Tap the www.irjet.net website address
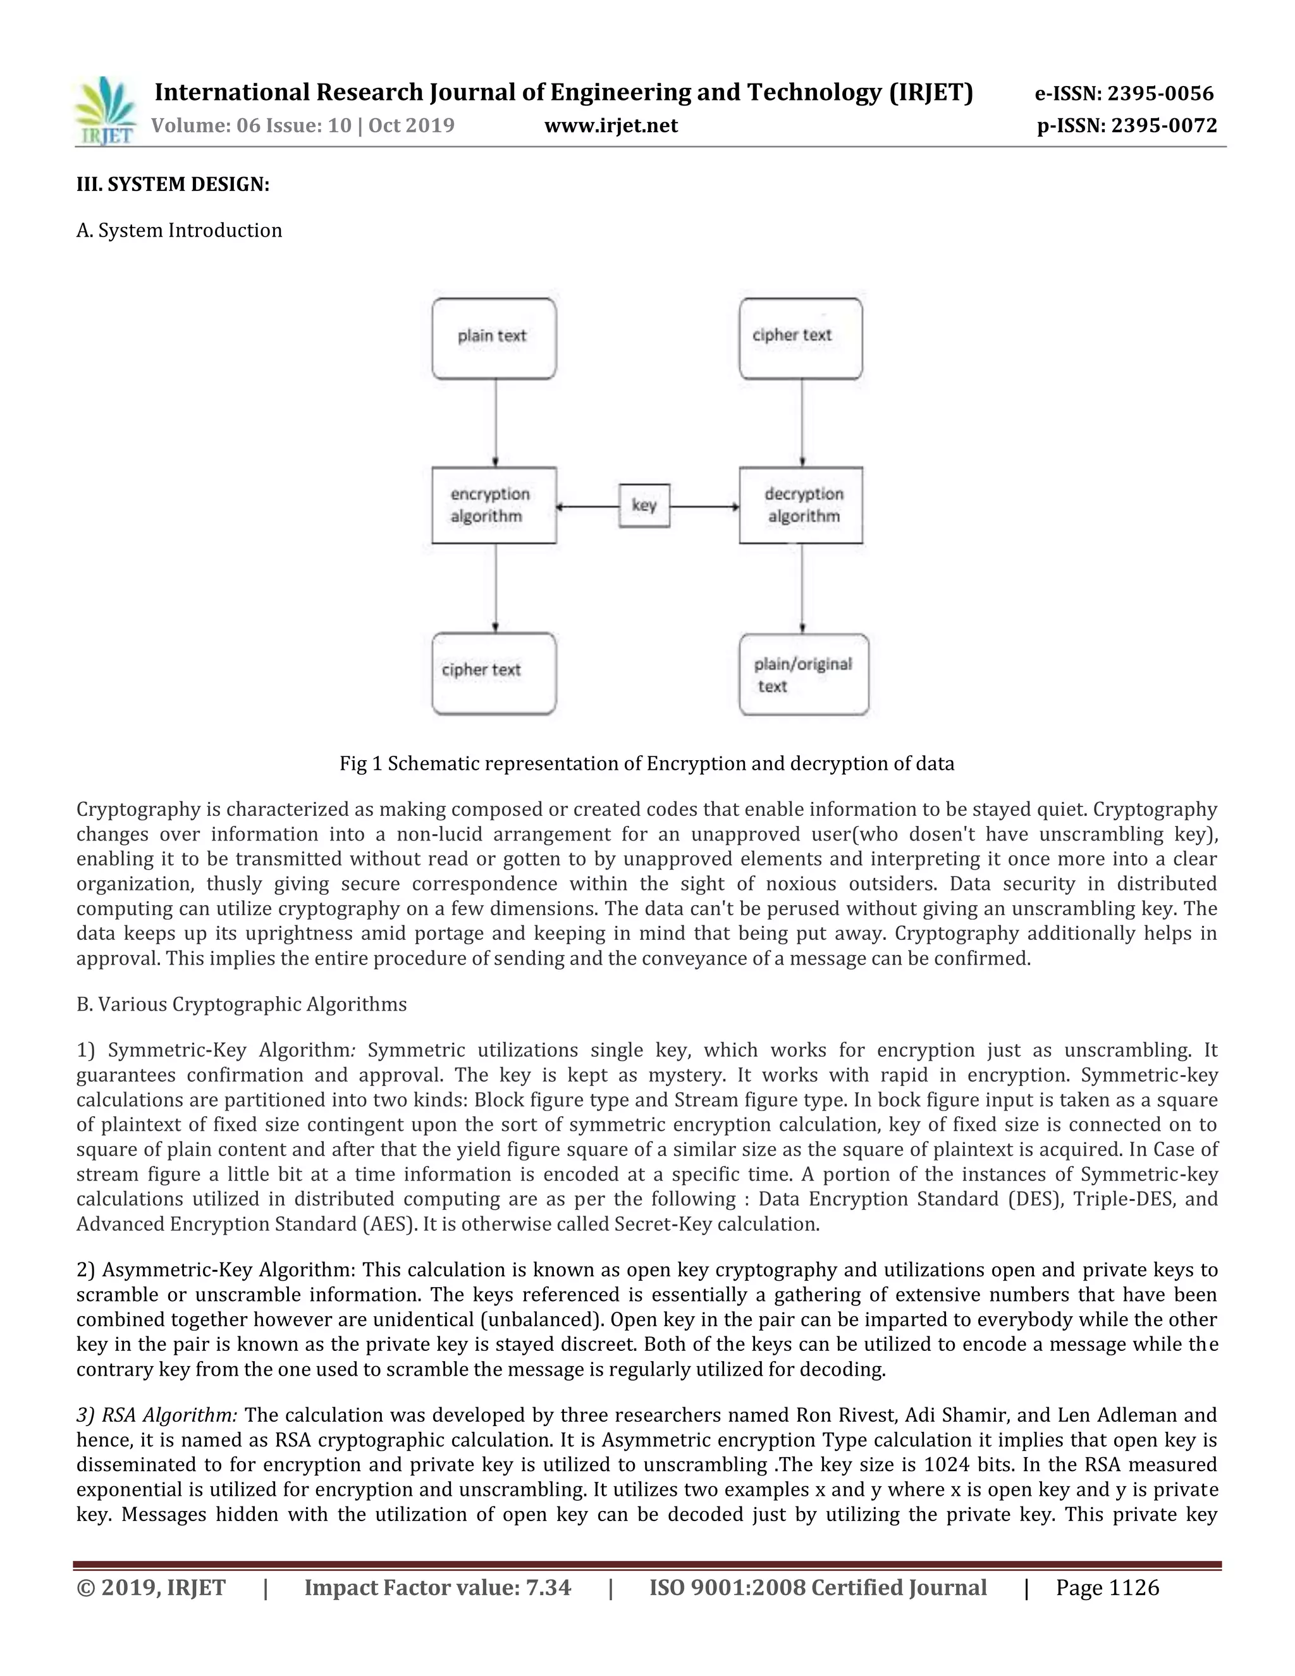pyautogui.click(x=611, y=125)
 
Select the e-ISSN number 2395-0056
pyautogui.click(x=1124, y=94)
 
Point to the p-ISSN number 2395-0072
pyautogui.click(x=1127, y=125)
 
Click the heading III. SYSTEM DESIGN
pyautogui.click(x=173, y=184)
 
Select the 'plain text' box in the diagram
pyautogui.click(x=493, y=338)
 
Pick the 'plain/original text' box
pyautogui.click(x=803, y=675)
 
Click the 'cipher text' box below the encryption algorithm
pyautogui.click(x=493, y=673)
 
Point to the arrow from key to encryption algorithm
pyautogui.click(x=587, y=507)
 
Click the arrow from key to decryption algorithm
pyautogui.click(x=704, y=507)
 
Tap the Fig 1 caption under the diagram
pyautogui.click(x=647, y=763)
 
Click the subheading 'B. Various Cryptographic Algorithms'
pyautogui.click(x=242, y=1004)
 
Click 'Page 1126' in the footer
pyautogui.click(x=1107, y=1587)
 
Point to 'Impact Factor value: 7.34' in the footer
pyautogui.click(x=438, y=1587)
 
